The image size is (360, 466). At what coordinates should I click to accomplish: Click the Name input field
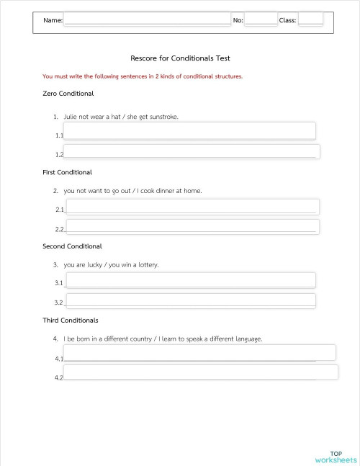[147, 19]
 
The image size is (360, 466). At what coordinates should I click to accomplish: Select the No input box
[261, 19]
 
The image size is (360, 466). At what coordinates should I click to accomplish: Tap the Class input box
[310, 19]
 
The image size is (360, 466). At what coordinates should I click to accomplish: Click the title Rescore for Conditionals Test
[180, 58]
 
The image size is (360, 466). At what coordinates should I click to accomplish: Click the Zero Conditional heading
[68, 94]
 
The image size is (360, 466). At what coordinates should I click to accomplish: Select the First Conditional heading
[68, 173]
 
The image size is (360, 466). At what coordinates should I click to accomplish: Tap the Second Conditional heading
[73, 246]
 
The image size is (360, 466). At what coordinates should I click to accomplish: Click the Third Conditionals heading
[71, 320]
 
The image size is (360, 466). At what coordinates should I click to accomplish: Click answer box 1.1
[190, 130]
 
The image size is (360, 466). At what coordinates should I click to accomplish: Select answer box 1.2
[192, 151]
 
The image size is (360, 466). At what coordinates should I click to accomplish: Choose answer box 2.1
[192, 207]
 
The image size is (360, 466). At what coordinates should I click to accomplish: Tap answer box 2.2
[192, 227]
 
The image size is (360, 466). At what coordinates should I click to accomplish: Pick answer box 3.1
[190, 279]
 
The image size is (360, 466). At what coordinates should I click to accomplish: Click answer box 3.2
[190, 300]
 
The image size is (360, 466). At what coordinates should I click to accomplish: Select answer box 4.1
[199, 352]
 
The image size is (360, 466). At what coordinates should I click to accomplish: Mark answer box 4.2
[200, 372]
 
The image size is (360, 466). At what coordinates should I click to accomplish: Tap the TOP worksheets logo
[336, 457]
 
